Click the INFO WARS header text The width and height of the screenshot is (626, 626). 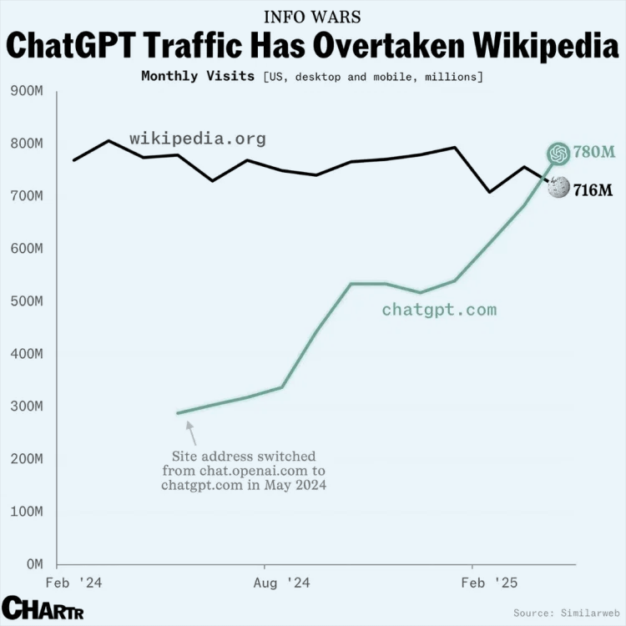313,17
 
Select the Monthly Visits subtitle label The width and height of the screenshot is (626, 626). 198,76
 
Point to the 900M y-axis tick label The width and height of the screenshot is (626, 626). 26,91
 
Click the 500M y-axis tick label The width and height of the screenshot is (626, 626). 26,301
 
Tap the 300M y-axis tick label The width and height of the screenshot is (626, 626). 26,406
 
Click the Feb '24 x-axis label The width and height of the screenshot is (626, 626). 69,583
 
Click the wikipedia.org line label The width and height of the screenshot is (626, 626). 198,139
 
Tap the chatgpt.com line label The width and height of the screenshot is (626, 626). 439,310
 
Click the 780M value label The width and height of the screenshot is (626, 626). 593,152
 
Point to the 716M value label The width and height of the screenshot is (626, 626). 593,191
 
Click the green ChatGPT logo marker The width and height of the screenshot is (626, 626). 558,154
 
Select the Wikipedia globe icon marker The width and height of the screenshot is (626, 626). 558,188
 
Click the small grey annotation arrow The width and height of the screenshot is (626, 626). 191,432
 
